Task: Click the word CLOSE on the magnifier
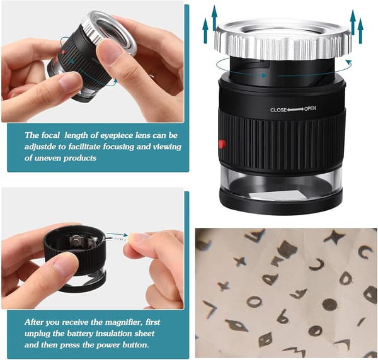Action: (278, 110)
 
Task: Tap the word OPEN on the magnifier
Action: (310, 109)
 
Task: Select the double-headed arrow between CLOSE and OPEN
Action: (295, 110)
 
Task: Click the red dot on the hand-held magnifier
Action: (64, 52)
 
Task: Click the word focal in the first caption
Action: (50, 135)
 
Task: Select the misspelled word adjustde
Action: (40, 147)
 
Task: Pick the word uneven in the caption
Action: (48, 158)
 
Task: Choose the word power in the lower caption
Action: (108, 346)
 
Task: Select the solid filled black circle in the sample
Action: (329, 305)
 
